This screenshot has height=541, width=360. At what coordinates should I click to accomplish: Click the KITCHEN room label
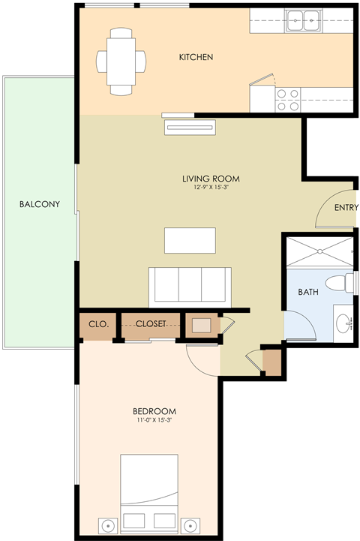point(196,57)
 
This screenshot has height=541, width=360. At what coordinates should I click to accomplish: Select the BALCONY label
point(39,204)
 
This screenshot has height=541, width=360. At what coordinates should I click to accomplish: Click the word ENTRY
point(346,209)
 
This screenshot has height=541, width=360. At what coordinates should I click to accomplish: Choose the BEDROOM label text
point(154,411)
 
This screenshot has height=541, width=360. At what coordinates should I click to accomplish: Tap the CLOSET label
point(151,324)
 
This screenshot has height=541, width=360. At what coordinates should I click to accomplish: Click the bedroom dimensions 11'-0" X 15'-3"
point(154,421)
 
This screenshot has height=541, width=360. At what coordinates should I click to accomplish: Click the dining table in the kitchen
point(121,62)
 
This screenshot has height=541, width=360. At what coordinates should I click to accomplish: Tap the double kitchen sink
point(304,22)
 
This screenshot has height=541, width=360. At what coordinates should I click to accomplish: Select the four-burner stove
point(288,100)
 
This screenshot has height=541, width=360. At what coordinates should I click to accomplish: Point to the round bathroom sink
point(343,323)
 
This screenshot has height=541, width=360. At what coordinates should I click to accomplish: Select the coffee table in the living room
point(190,241)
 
